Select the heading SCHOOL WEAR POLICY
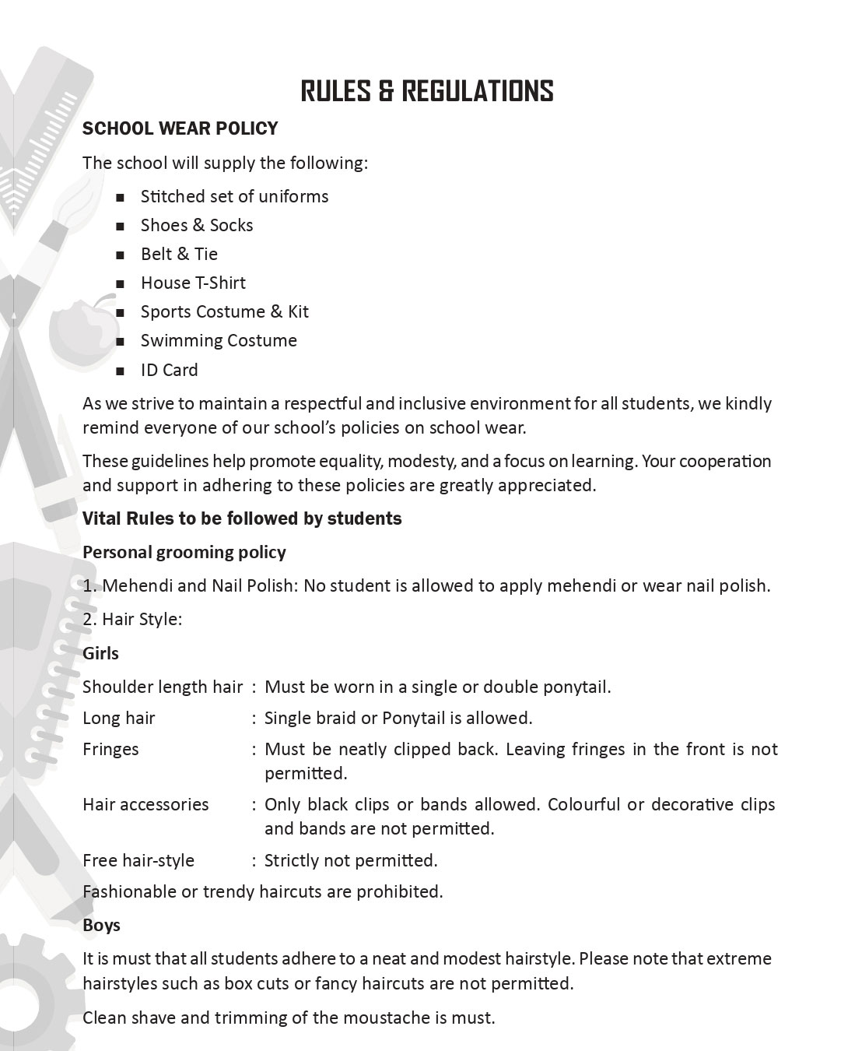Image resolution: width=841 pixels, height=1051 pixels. point(180,128)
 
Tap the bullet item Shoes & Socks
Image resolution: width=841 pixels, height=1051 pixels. point(197,226)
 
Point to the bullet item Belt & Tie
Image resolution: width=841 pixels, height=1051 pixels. point(179,255)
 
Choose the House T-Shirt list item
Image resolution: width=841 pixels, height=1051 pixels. point(193,283)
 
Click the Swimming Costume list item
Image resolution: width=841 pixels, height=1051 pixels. point(219,341)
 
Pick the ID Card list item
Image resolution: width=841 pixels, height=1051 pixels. point(169,371)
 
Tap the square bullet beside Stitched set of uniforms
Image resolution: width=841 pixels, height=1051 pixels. point(120,198)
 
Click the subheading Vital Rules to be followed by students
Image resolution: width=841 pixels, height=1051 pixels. point(242,519)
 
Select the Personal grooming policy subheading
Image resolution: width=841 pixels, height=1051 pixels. point(184,553)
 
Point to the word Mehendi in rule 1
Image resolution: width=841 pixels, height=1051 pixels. point(133,586)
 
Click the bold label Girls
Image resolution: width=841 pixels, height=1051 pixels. point(100,654)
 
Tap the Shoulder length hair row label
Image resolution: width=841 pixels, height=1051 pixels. point(163,687)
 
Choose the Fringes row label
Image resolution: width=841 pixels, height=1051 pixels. point(110,750)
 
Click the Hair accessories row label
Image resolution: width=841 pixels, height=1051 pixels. point(145,805)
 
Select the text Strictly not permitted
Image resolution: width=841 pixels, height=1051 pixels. point(351,861)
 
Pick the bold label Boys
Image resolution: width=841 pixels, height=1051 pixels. point(101,926)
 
